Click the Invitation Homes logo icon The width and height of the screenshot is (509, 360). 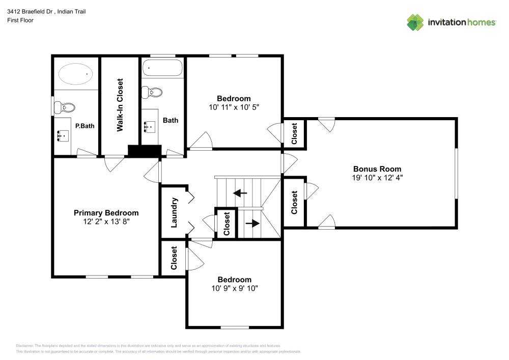coord(415,22)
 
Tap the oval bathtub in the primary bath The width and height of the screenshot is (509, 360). coord(76,74)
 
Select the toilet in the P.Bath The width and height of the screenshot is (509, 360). coord(65,107)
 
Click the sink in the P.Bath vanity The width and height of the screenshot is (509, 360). coord(64,135)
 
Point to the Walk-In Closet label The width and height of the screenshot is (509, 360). coord(120,105)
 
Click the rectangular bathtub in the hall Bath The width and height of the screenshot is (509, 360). coord(162,68)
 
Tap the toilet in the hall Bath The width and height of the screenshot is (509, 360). coord(153,93)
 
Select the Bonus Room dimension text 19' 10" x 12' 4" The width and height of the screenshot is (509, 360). coord(377,178)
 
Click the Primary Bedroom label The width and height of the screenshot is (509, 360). coord(106,213)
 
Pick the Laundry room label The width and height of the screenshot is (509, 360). coord(174,212)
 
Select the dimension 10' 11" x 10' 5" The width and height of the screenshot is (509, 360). coord(234,107)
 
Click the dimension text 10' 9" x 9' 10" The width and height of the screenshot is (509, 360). coord(234,288)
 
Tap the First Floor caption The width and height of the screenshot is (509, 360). coord(20,20)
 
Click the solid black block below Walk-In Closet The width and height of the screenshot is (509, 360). coord(145,151)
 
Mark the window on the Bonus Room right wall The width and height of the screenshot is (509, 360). coord(456,174)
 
